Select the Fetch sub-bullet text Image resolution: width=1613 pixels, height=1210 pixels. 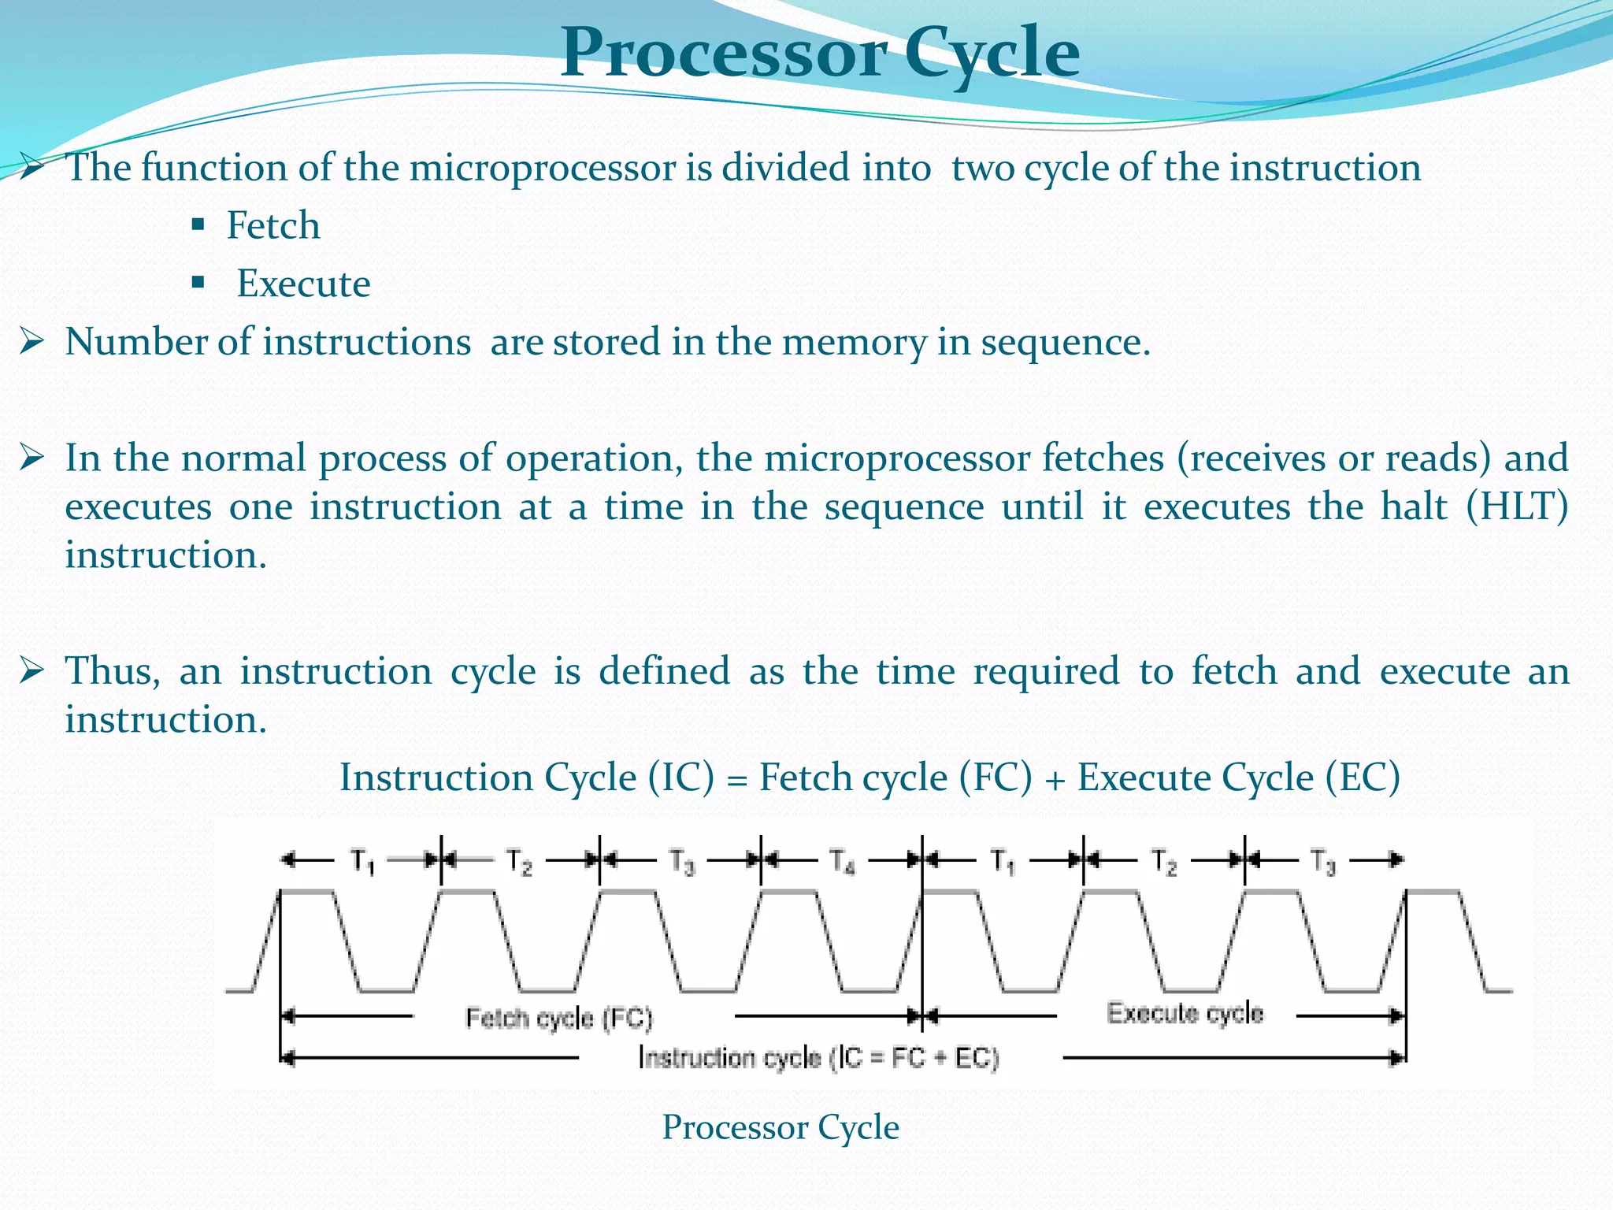pyautogui.click(x=273, y=225)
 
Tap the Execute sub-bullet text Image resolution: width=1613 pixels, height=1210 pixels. pyautogui.click(x=304, y=284)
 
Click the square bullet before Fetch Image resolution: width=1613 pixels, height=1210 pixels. pyautogui.click(x=198, y=225)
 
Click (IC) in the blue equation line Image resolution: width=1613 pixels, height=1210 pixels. pyautogui.click(x=682, y=778)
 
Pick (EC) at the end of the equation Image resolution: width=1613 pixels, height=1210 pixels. pyautogui.click(x=1363, y=778)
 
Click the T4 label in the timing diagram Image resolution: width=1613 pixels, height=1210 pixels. pyautogui.click(x=843, y=862)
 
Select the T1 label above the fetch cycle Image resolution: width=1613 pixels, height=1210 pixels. pyautogui.click(x=362, y=862)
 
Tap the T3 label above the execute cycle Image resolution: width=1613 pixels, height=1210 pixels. pyautogui.click(x=1324, y=862)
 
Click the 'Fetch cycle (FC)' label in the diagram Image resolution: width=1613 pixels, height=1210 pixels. pyautogui.click(x=559, y=1018)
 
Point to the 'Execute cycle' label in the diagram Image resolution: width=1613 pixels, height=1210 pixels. pyautogui.click(x=1185, y=1013)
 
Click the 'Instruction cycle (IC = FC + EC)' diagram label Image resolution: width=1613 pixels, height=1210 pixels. pyautogui.click(x=819, y=1057)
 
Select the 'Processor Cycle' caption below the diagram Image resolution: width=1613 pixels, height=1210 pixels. pyautogui.click(x=781, y=1127)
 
